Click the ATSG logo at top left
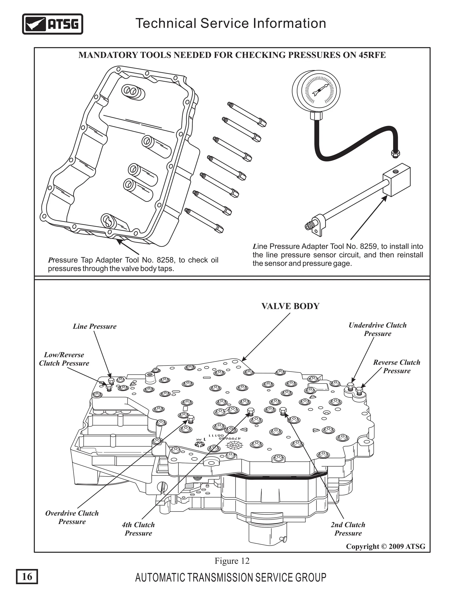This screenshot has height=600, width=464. pos(53,24)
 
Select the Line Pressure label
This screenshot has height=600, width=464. pos(94,326)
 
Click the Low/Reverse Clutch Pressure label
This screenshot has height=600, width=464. pos(64,359)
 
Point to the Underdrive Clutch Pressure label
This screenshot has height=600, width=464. pos(377,329)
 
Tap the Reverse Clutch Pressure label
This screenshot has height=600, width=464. pos(397,367)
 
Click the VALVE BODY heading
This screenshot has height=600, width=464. pos(290,306)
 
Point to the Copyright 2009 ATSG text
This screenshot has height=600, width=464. pos(385,546)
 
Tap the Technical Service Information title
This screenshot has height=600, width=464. pos(231,23)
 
